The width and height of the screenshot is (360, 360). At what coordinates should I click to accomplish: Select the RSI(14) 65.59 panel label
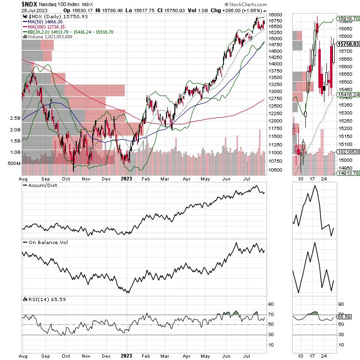point(44,298)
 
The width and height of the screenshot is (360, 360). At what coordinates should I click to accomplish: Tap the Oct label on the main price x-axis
point(66,179)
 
